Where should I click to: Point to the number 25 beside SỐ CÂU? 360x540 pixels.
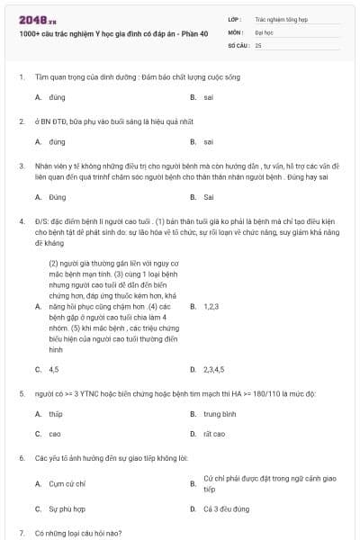(x=258, y=44)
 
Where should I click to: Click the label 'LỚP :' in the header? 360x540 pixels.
(x=235, y=17)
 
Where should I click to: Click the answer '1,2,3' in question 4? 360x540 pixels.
(x=211, y=307)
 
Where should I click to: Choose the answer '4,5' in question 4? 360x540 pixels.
(x=54, y=369)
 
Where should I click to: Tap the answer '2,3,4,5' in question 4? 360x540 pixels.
(x=214, y=369)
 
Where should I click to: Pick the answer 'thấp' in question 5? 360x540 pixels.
(x=56, y=414)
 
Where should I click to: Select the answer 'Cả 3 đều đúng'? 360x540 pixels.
(x=227, y=508)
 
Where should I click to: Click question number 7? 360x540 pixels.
(x=21, y=533)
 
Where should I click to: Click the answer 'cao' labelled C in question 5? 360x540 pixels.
(x=55, y=434)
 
